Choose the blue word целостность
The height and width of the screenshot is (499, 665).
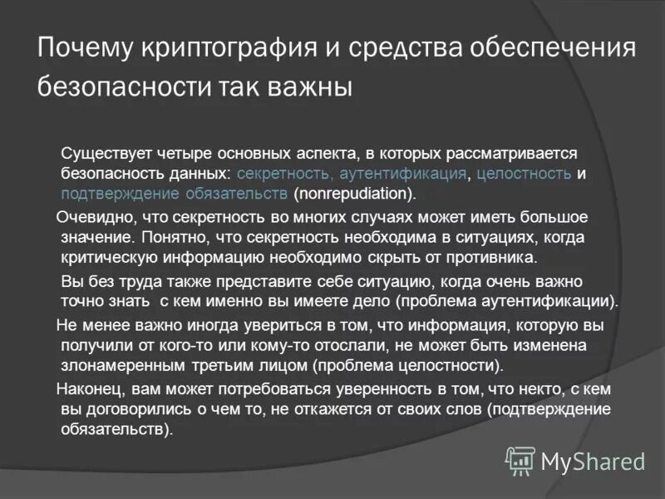(x=520, y=174)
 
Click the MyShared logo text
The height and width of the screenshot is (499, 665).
(x=593, y=460)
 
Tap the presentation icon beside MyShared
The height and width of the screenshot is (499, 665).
(x=520, y=460)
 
